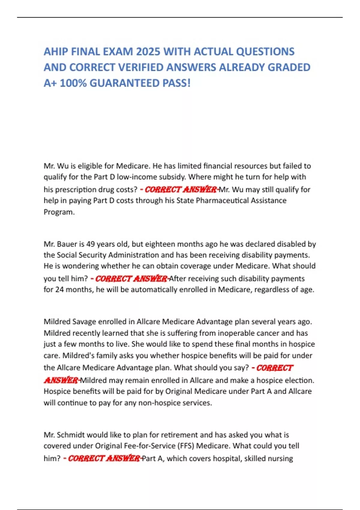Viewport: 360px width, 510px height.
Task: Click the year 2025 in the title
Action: tap(148, 52)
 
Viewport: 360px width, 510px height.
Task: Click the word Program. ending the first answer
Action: tap(59, 212)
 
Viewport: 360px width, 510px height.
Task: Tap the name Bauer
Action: tap(66, 244)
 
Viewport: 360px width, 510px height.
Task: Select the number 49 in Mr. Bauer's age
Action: tap(91, 244)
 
